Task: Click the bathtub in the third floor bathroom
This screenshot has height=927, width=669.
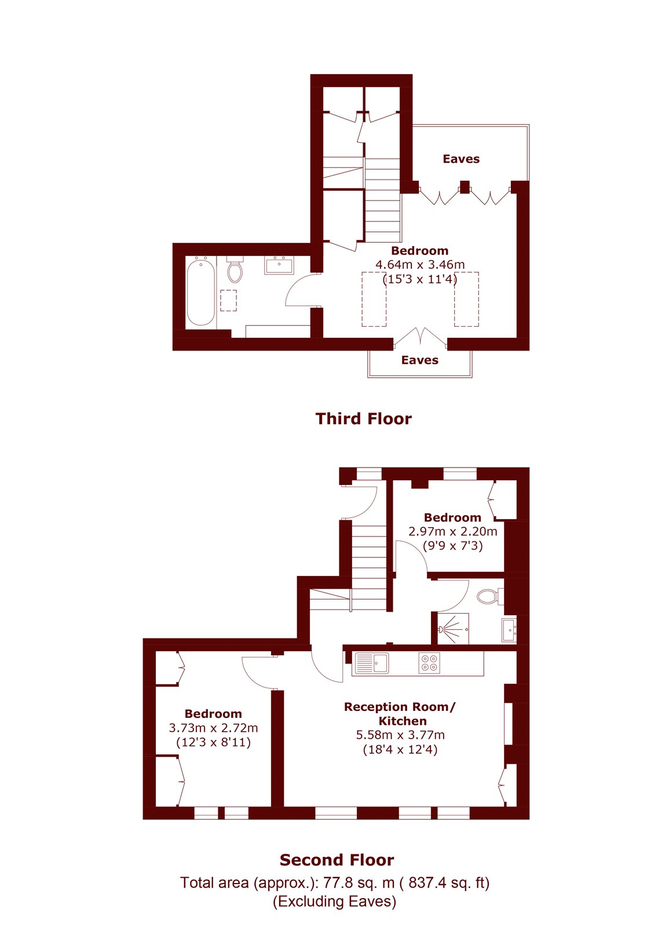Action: [x=200, y=291]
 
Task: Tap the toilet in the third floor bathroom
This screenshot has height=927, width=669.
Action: [x=235, y=269]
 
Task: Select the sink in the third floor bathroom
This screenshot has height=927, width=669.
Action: [x=279, y=265]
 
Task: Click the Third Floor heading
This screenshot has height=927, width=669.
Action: [x=364, y=419]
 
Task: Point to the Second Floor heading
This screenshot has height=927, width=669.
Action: [x=337, y=860]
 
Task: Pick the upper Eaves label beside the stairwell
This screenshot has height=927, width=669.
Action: [x=461, y=159]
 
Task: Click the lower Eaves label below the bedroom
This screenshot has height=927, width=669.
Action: [x=419, y=360]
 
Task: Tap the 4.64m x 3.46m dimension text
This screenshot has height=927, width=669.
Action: [x=420, y=264]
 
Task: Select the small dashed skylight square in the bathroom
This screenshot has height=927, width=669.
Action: [x=228, y=301]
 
